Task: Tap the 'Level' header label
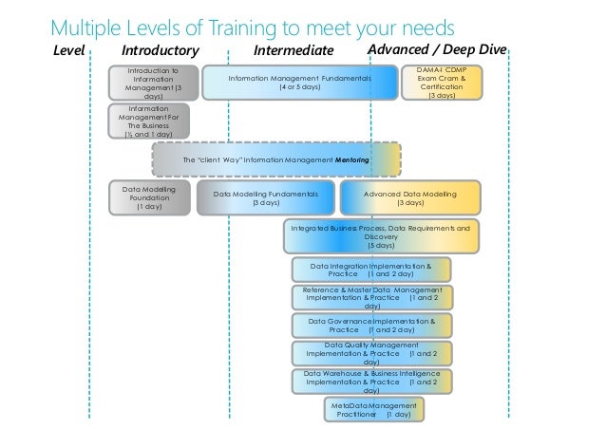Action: pos(70,49)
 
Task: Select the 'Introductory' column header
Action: pos(161,49)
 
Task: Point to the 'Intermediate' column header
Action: pos(295,49)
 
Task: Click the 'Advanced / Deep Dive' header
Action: pos(440,48)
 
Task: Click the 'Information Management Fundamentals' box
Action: pos(299,83)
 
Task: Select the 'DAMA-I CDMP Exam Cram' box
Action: pos(442,83)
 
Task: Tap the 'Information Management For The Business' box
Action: pos(150,121)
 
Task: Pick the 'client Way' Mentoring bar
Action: pos(275,160)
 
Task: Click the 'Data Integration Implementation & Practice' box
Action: pos(370,270)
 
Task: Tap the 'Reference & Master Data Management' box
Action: pos(371,297)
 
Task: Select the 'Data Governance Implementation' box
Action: pos(371,326)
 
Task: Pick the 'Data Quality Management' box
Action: pos(371,353)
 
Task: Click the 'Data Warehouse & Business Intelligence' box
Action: pos(371,382)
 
